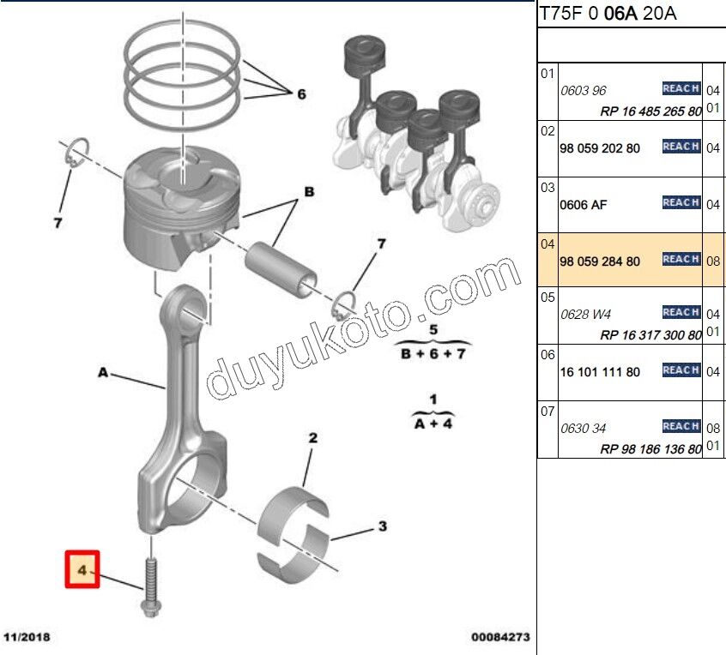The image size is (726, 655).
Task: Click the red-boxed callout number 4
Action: (x=83, y=569)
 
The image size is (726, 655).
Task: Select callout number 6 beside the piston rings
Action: (x=301, y=94)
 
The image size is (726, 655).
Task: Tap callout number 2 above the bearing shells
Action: (x=313, y=438)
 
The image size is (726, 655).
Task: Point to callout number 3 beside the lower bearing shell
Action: (x=383, y=526)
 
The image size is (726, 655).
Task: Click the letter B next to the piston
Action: (x=306, y=192)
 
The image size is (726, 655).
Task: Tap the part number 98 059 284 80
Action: (x=599, y=261)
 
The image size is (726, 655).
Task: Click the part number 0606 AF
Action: (x=584, y=205)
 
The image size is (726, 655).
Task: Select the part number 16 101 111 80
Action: (x=599, y=372)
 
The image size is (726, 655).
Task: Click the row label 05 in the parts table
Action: (x=548, y=297)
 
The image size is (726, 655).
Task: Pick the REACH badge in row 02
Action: (x=681, y=147)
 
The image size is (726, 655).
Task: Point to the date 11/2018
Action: (x=27, y=638)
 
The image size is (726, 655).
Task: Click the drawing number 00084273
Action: (x=499, y=638)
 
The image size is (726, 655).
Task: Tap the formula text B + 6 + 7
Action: (x=433, y=353)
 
